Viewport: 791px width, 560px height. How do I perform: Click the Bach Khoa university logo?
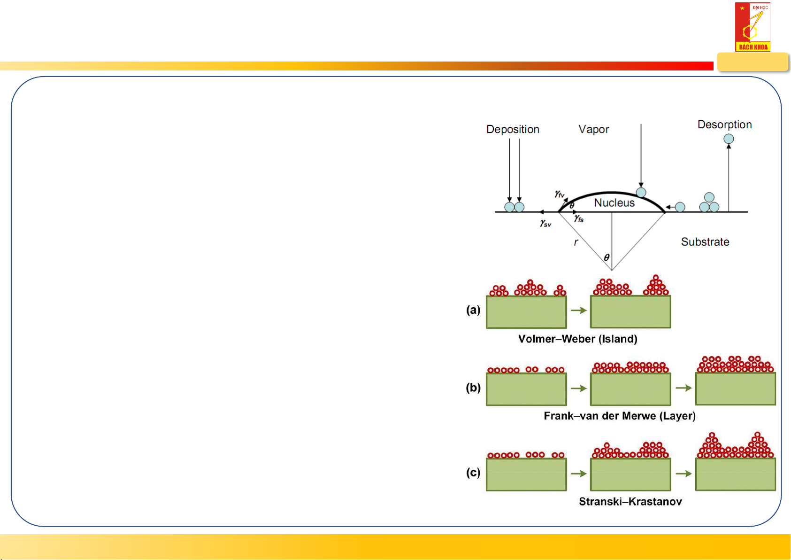[753, 27]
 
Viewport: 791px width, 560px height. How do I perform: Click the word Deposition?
[513, 129]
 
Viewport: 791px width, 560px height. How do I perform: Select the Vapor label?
[593, 129]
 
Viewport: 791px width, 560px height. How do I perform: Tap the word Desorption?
[724, 124]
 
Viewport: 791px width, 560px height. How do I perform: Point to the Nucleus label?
[614, 202]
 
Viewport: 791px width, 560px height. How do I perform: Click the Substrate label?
[705, 242]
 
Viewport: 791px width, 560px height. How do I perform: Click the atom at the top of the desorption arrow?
[729, 139]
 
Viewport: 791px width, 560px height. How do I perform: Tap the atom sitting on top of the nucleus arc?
[641, 192]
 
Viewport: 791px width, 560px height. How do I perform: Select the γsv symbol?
[545, 224]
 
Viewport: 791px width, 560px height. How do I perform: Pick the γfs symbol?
[579, 218]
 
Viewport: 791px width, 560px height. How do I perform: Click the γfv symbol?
[559, 194]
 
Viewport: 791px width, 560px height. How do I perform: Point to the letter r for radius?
[576, 242]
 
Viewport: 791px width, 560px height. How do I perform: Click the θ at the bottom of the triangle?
[607, 257]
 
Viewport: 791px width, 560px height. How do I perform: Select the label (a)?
[473, 310]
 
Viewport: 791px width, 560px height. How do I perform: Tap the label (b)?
[473, 388]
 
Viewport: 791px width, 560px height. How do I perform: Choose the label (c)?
[473, 472]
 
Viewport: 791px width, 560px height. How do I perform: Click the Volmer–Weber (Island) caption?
[577, 339]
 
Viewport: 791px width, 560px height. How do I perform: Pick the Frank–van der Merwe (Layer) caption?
[619, 416]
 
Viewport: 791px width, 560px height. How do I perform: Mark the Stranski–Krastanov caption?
[630, 501]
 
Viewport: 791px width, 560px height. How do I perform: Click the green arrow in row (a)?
[579, 311]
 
